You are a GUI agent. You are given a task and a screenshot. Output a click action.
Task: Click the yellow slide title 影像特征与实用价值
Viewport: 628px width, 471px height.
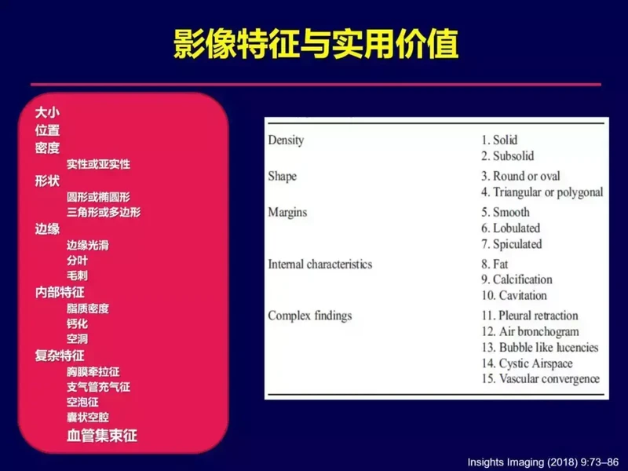(x=316, y=44)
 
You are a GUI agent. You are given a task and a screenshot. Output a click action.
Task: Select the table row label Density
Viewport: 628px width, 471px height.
(x=286, y=141)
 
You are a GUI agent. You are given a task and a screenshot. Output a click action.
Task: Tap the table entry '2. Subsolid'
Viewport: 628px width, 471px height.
(x=507, y=155)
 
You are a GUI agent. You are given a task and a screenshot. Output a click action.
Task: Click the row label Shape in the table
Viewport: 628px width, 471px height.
(x=283, y=177)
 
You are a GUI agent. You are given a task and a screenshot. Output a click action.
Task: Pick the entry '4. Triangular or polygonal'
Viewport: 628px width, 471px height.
(x=542, y=192)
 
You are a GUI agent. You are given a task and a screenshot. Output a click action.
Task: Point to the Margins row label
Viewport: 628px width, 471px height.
(x=287, y=212)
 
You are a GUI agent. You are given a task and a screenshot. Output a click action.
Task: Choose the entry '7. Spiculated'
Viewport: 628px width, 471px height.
(x=512, y=244)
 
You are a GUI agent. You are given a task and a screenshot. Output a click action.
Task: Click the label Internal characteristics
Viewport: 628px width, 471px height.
(x=320, y=265)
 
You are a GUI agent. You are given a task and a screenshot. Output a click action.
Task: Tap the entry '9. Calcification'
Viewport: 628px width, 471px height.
(x=517, y=279)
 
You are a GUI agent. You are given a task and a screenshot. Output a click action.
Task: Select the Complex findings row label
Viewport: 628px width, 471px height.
(x=310, y=316)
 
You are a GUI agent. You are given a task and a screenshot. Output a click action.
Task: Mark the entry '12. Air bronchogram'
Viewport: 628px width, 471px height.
(x=531, y=331)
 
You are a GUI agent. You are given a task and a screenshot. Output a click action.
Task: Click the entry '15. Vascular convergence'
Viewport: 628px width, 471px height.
(x=541, y=379)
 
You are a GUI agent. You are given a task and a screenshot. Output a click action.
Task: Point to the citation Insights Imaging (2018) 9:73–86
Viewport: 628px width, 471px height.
(x=543, y=462)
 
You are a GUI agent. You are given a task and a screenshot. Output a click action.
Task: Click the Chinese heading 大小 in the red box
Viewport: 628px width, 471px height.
(x=47, y=112)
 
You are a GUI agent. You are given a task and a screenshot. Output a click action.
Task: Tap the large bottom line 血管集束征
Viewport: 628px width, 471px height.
(x=102, y=436)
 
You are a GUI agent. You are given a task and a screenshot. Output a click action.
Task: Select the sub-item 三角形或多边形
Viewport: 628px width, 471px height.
(x=104, y=212)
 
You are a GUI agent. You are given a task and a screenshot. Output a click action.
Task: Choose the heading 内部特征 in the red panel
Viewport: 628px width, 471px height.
(x=60, y=292)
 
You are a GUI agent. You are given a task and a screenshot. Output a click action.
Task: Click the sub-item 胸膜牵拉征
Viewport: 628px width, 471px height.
(x=93, y=371)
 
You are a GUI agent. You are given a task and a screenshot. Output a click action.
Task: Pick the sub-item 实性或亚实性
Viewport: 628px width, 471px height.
(x=98, y=164)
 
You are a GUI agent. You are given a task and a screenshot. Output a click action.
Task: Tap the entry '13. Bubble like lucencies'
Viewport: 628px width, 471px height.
(x=540, y=348)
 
